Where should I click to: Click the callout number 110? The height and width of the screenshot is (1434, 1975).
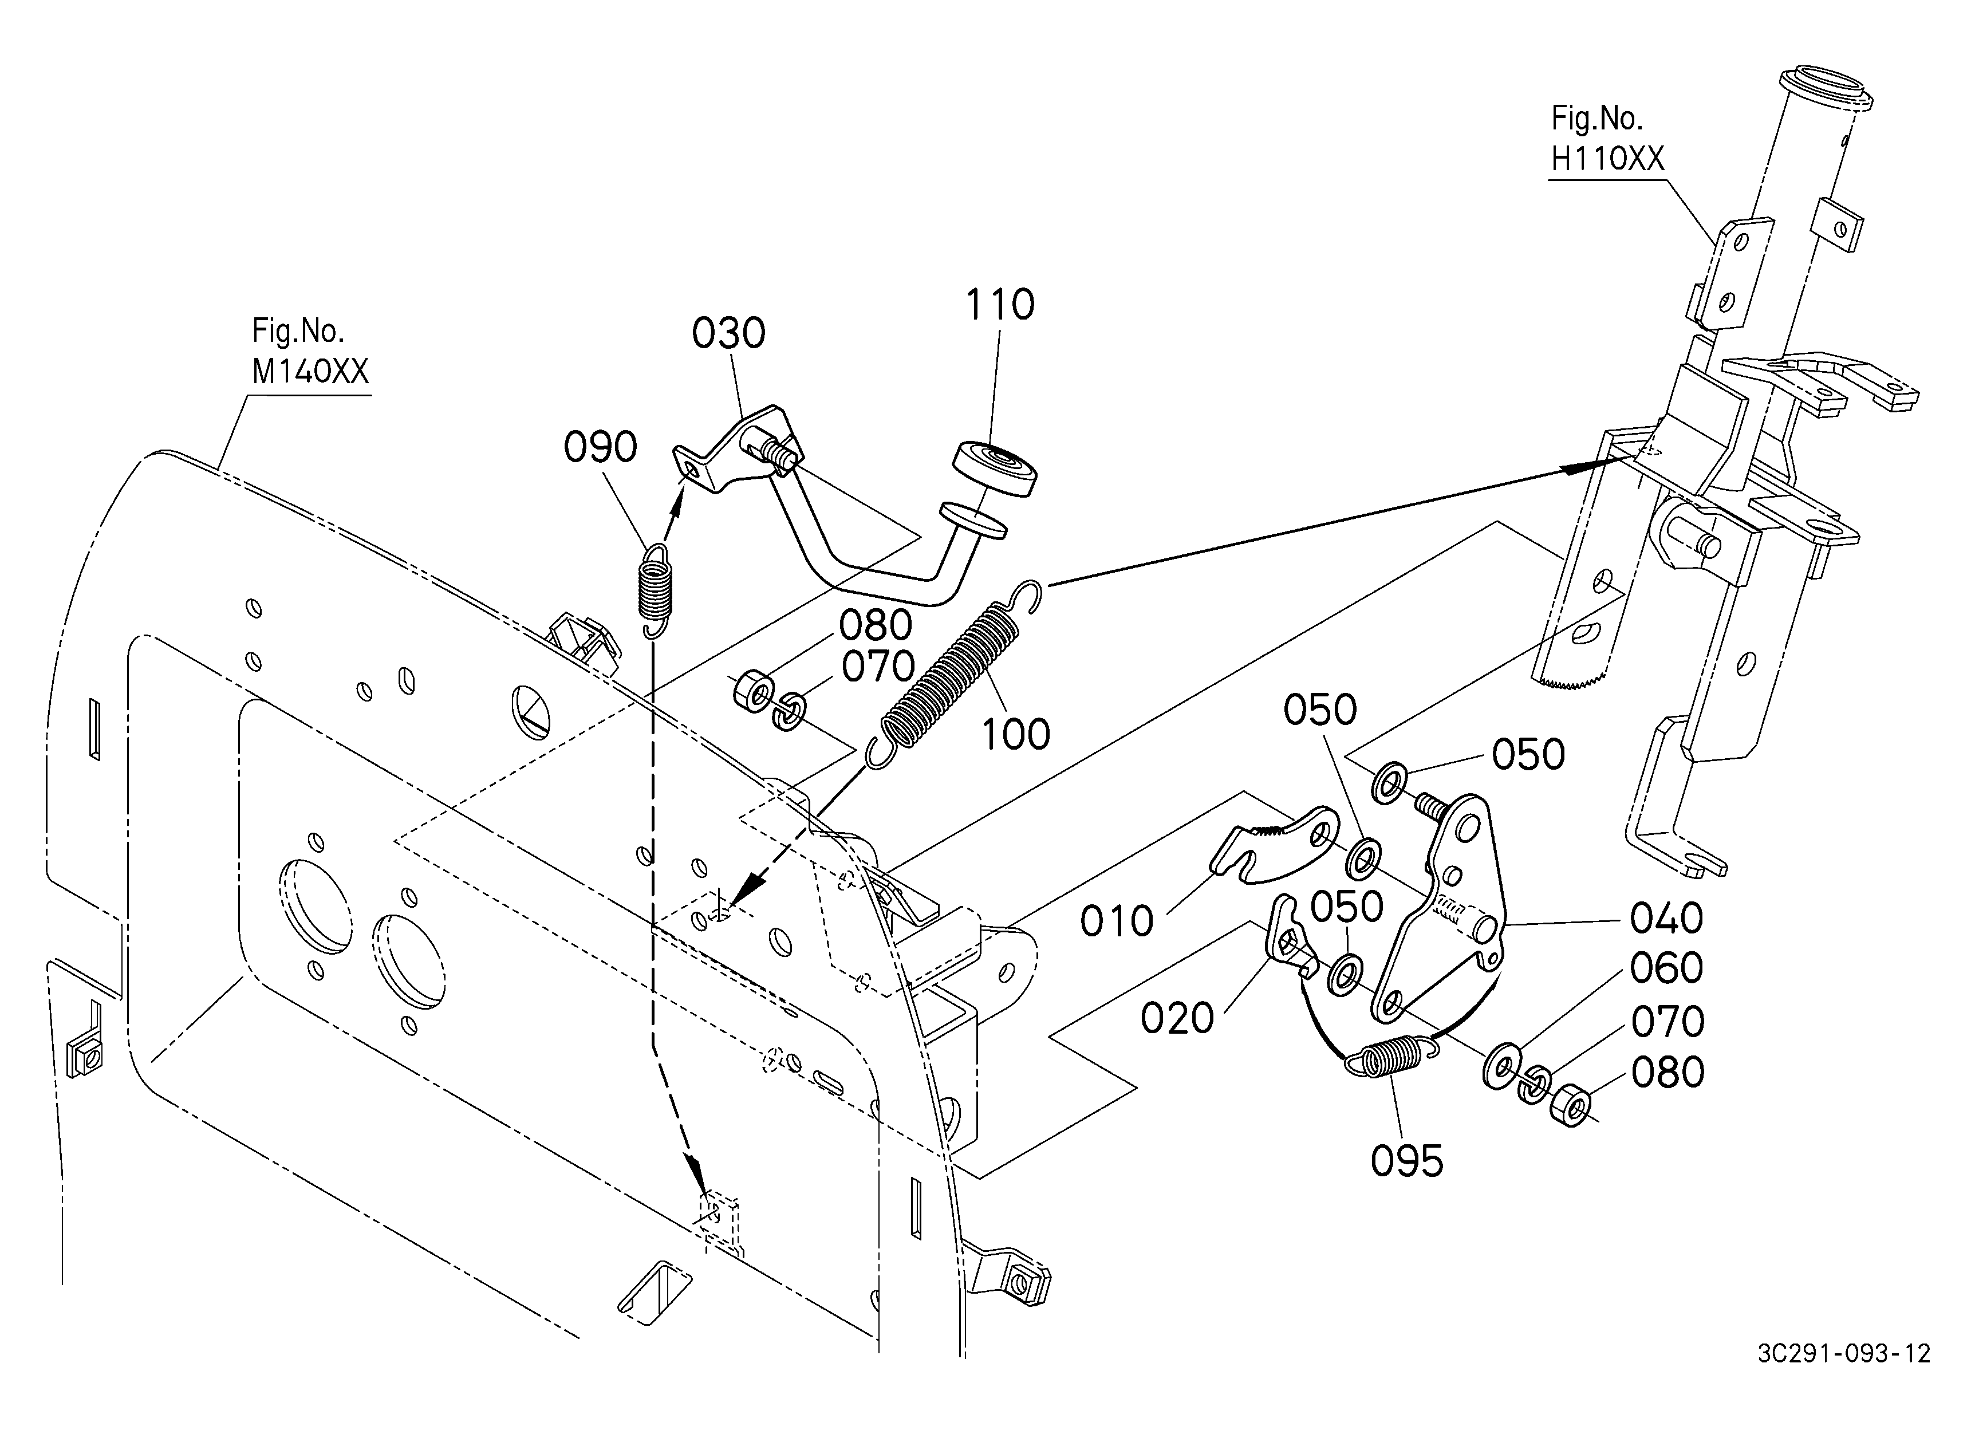[1000, 305]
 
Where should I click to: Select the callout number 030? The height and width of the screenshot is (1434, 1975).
[729, 333]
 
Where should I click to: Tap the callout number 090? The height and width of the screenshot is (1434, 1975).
[600, 447]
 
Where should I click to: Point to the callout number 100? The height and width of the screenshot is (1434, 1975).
[1015, 735]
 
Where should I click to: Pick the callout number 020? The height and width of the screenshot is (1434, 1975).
[1177, 1018]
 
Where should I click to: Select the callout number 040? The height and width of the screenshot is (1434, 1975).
[1667, 917]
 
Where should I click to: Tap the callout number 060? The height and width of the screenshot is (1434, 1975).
[1667, 967]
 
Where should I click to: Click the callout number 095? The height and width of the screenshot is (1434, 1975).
[1407, 1161]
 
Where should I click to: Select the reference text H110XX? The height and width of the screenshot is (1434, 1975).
[1607, 159]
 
